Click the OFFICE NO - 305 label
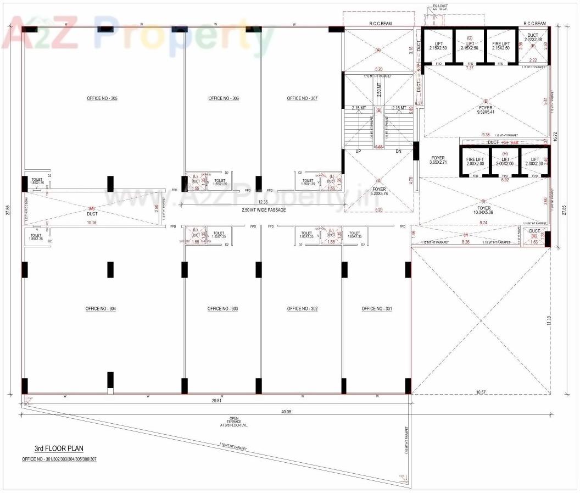tap(102, 98)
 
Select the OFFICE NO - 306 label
tap(224, 98)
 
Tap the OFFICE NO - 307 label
tap(302, 98)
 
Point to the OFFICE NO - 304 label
tap(101, 309)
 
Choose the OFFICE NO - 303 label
tap(222, 309)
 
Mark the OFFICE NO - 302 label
tap(302, 309)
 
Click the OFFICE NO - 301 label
tap(377, 309)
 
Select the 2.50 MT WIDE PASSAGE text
tap(264, 210)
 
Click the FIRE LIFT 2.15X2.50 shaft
tap(500, 46)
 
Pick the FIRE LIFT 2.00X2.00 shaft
tap(475, 162)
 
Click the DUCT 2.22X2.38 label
tap(533, 37)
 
